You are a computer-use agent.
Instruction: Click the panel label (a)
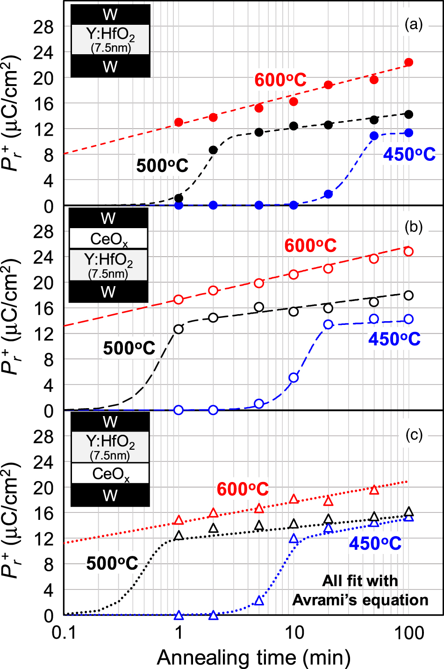(413, 24)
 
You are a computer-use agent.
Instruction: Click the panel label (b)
(413, 227)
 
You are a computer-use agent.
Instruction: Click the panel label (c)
(413, 435)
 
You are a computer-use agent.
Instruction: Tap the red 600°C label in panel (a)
(280, 80)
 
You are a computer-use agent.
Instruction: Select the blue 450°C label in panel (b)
(394, 339)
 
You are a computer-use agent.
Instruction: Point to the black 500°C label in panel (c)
(112, 563)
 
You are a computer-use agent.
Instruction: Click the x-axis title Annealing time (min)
(254, 657)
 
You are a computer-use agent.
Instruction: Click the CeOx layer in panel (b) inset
(108, 239)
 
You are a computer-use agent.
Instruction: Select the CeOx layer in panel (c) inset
(110, 474)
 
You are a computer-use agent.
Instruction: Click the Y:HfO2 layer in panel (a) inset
(110, 39)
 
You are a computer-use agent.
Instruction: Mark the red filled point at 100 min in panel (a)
(408, 63)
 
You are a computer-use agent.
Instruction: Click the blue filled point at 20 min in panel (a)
(328, 194)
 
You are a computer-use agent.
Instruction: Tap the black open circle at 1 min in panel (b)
(178, 329)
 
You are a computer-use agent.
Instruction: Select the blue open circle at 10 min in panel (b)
(294, 378)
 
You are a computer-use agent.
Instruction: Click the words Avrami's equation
(360, 600)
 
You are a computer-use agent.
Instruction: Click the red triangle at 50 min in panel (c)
(374, 490)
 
